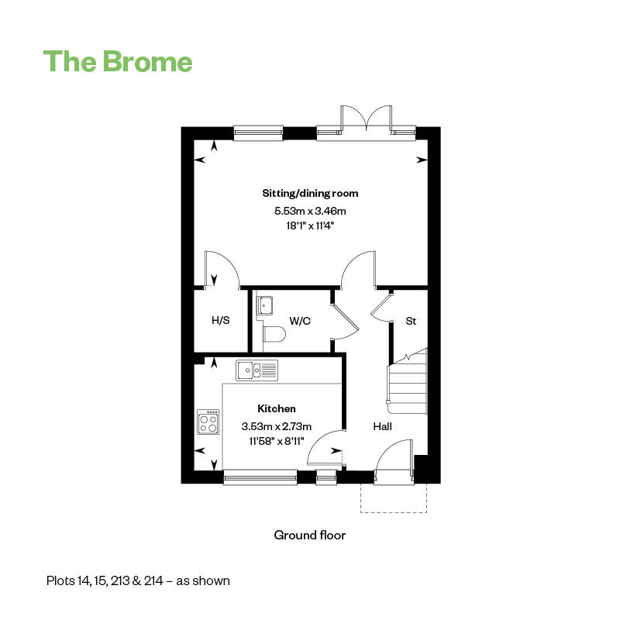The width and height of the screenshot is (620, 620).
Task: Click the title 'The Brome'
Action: pyautogui.click(x=118, y=62)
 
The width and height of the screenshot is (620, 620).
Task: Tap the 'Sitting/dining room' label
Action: pyautogui.click(x=311, y=193)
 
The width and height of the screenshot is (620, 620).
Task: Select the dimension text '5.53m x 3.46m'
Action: pyautogui.click(x=311, y=211)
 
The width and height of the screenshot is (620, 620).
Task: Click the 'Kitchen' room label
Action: pyautogui.click(x=277, y=408)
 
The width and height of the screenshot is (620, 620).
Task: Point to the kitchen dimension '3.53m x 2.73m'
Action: pyautogui.click(x=277, y=426)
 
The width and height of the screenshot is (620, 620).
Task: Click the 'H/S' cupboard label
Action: pyautogui.click(x=221, y=320)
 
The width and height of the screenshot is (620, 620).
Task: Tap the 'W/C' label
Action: pyautogui.click(x=300, y=321)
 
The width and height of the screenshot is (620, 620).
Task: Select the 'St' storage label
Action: pyautogui.click(x=411, y=321)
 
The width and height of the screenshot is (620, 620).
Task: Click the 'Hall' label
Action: pyautogui.click(x=382, y=426)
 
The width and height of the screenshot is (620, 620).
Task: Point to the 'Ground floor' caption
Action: pyautogui.click(x=310, y=535)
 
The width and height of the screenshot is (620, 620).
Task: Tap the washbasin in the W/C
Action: pyautogui.click(x=264, y=305)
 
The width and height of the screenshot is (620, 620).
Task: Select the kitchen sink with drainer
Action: pyautogui.click(x=257, y=370)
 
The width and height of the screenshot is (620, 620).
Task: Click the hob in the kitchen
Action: pyautogui.click(x=208, y=422)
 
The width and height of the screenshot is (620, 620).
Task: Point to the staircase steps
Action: pyautogui.click(x=408, y=381)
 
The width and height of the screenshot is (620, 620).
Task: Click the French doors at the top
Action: pyautogui.click(x=367, y=119)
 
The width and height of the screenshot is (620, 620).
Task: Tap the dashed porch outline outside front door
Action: pyautogui.click(x=394, y=512)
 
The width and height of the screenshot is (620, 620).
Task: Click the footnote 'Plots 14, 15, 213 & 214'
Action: pyautogui.click(x=105, y=580)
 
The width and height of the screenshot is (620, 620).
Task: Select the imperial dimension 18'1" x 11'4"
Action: pyautogui.click(x=311, y=226)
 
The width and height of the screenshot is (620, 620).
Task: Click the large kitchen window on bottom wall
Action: pyautogui.click(x=260, y=477)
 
